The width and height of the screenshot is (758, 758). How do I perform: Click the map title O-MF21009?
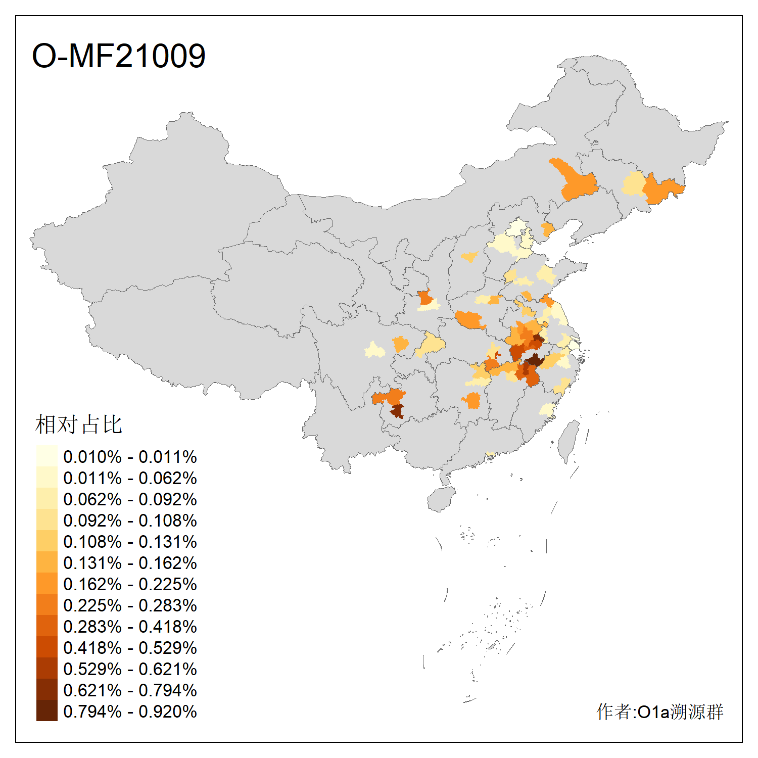tap(119, 56)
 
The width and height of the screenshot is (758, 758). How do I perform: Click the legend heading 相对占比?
tap(78, 424)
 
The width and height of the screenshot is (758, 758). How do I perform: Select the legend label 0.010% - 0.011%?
tap(130, 457)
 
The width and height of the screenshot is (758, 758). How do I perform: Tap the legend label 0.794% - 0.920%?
tap(130, 712)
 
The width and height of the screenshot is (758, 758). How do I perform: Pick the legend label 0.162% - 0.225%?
tap(130, 584)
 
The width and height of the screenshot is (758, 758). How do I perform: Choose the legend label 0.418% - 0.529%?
tap(130, 648)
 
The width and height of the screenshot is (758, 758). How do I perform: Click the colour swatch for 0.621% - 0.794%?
tap(46, 690)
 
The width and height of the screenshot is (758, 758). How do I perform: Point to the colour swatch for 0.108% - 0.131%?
tap(46, 542)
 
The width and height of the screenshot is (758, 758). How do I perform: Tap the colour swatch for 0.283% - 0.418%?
tap(46, 627)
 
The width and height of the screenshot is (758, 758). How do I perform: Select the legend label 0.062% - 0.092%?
tap(130, 499)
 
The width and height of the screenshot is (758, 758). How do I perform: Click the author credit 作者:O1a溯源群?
tap(660, 712)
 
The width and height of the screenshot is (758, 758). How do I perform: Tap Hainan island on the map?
tap(441, 499)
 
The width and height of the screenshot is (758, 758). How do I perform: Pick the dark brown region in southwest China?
tap(397, 411)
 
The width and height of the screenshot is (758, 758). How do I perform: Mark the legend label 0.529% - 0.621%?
tap(130, 669)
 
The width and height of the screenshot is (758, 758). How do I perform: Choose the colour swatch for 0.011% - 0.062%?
tap(46, 478)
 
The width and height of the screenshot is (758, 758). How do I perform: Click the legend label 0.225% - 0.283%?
tap(130, 605)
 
